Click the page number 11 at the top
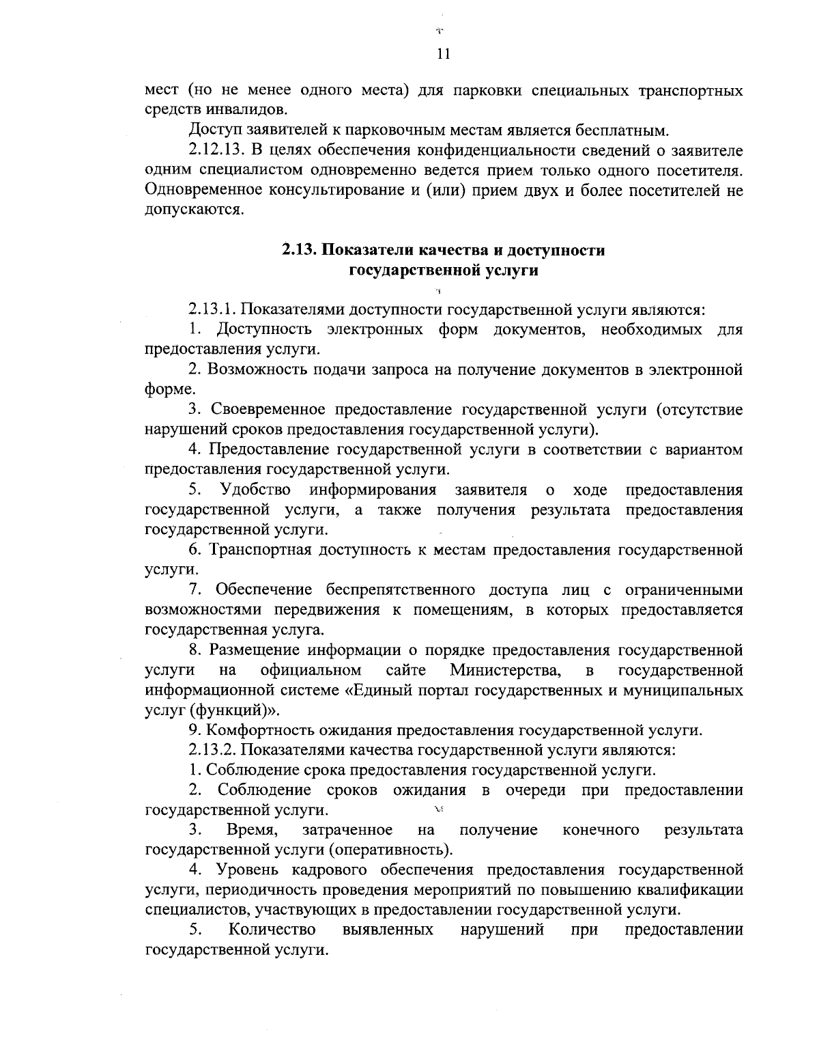coord(442,55)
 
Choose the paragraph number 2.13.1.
coord(212,310)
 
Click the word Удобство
coord(256,490)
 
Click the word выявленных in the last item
coord(388,930)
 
